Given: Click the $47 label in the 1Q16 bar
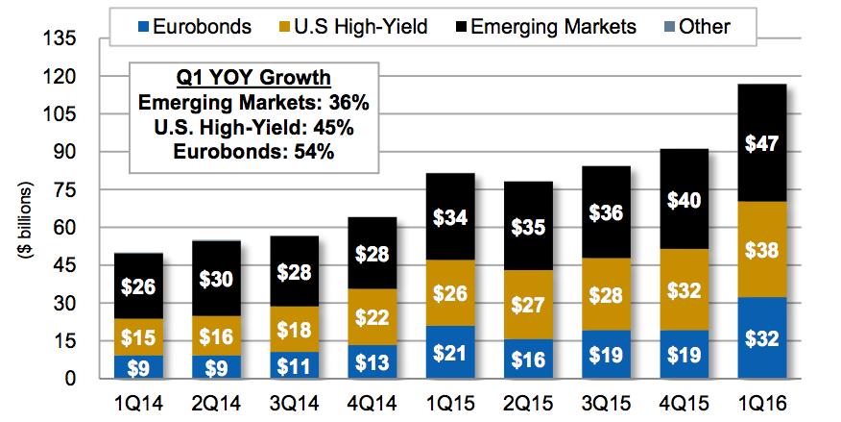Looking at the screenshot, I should (x=760, y=144).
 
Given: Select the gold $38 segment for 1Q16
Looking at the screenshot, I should (x=760, y=250).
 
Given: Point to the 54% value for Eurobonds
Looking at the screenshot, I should (x=314, y=152).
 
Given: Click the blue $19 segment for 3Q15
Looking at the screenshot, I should (x=604, y=355).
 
